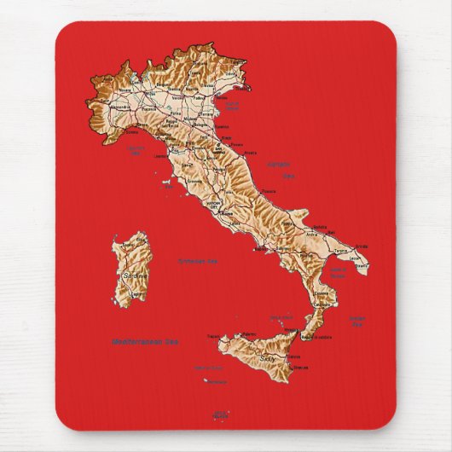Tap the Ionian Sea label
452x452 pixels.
click(356, 321)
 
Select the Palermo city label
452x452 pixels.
click(248, 329)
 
